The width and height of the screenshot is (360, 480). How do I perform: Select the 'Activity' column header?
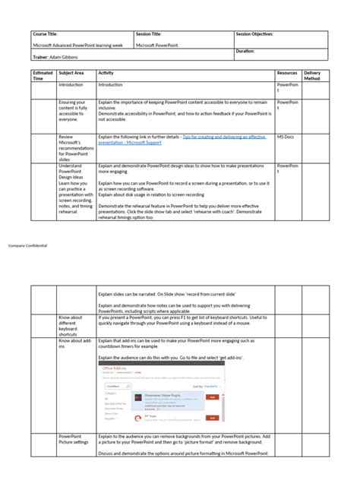106,72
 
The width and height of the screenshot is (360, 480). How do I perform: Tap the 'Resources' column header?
287,72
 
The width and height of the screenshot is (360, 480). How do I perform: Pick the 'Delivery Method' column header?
312,75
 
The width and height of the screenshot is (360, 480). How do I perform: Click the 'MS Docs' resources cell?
285,137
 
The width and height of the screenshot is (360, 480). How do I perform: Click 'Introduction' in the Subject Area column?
71,85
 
